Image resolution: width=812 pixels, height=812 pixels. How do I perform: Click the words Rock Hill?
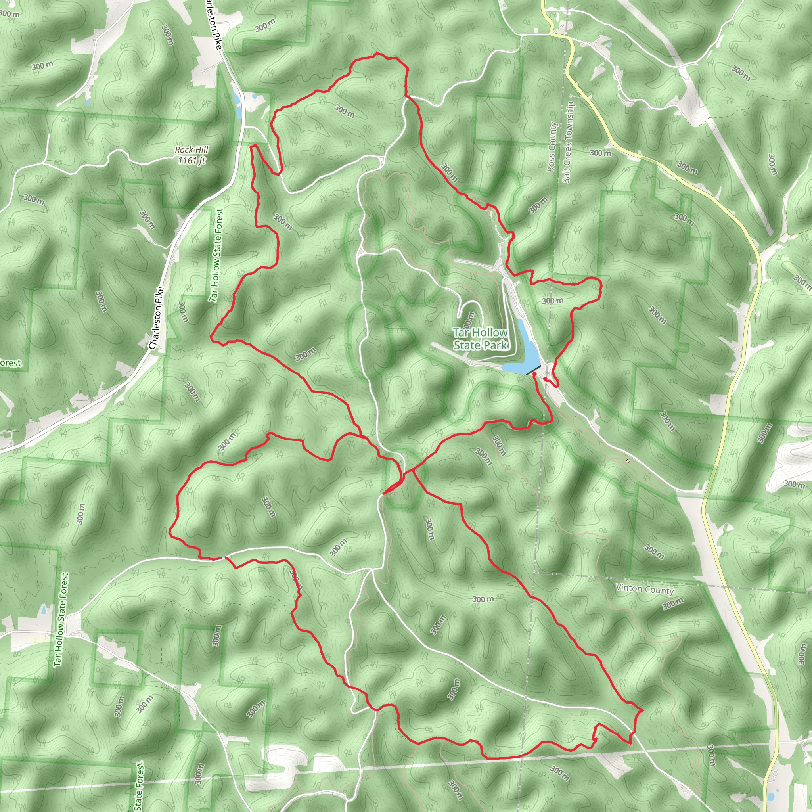[192, 150]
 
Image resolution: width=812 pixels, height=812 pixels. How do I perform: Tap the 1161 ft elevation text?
[192, 160]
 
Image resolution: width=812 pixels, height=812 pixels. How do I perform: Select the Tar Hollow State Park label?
[481, 339]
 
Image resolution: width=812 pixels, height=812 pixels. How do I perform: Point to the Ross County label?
[552, 147]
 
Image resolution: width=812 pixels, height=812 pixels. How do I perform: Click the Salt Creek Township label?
[567, 142]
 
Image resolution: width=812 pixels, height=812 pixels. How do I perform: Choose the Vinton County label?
[645, 589]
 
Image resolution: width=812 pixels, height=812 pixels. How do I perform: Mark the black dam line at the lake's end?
[533, 370]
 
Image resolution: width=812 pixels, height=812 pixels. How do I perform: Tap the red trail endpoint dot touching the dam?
[534, 373]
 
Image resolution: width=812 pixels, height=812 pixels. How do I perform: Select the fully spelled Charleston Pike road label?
[156, 318]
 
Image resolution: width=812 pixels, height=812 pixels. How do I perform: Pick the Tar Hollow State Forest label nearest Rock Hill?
[216, 255]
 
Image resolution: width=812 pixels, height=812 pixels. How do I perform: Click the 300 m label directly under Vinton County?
[673, 604]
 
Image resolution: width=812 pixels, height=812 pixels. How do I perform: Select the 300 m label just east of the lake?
[552, 301]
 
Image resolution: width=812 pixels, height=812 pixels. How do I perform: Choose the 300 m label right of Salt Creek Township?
[600, 153]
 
